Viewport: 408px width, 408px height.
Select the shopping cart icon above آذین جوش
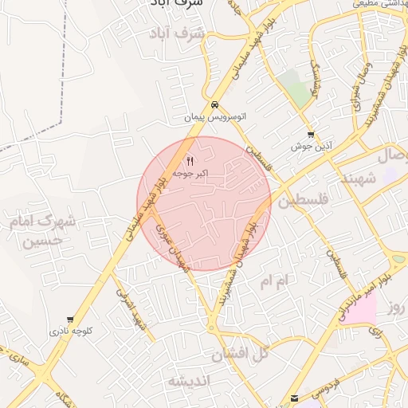(310, 134)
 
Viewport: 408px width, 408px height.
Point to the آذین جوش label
(310, 147)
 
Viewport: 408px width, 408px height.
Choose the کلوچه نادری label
(70, 330)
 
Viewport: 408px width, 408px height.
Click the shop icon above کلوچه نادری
(70, 318)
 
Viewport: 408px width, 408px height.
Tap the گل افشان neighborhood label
(243, 352)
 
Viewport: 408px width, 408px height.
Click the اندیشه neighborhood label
(190, 382)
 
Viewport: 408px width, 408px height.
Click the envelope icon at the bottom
(296, 397)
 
